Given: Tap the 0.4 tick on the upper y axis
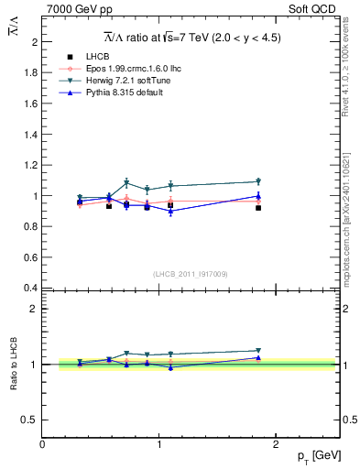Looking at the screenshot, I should click(32, 288).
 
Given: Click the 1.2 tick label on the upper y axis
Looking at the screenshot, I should click(32, 165).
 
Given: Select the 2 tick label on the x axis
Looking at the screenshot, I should click(277, 444).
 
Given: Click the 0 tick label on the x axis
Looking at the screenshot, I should click(42, 444).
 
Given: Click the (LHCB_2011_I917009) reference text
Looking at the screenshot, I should click(191, 273).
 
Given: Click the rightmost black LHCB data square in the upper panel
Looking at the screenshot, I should click(258, 208).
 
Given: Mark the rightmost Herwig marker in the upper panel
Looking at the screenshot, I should click(258, 181).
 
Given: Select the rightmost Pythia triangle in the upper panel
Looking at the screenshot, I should click(258, 195).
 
